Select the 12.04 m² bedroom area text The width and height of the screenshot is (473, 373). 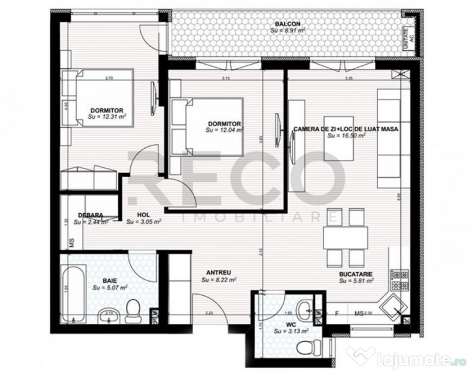point(224,131)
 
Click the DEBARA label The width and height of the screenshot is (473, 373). point(90,214)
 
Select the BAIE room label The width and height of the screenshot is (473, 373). point(110,280)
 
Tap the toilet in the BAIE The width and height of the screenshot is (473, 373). point(132,309)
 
